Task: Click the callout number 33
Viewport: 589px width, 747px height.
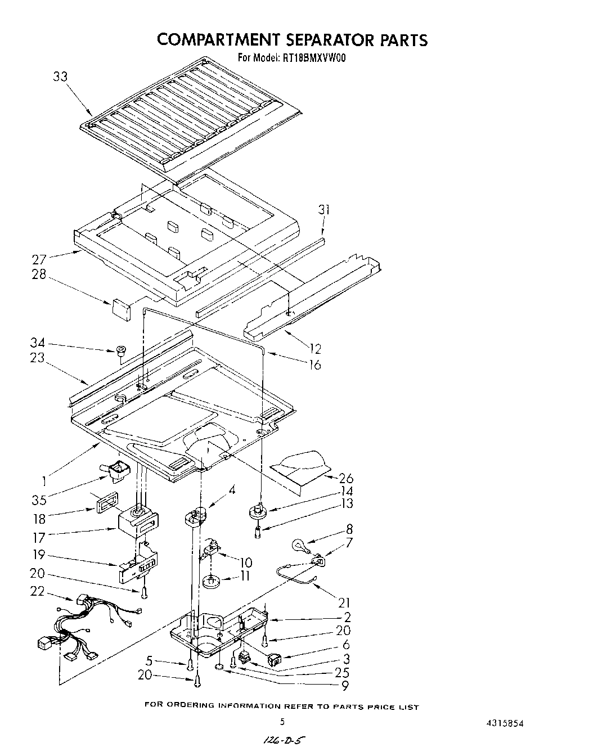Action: [60, 76]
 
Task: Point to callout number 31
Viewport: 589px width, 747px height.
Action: [323, 210]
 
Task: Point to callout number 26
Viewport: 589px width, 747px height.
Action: [346, 478]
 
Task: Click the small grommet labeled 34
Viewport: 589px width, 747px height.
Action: [120, 352]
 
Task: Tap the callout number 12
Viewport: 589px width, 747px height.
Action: [316, 349]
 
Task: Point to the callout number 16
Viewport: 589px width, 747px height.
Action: [315, 364]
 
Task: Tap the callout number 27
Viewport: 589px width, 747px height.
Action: [39, 259]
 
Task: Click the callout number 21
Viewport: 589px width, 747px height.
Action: [344, 602]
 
